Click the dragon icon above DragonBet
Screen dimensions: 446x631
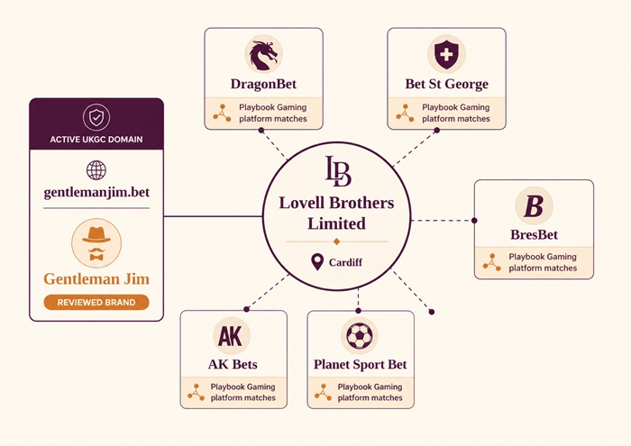pos(263,55)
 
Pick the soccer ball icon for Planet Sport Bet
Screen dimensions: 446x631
pos(360,336)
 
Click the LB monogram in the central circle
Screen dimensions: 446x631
pos(336,171)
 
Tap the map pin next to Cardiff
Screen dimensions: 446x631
pos(316,262)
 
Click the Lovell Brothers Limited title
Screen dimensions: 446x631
pos(336,213)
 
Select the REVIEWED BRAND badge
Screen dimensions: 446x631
pos(96,303)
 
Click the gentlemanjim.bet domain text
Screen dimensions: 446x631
pos(96,192)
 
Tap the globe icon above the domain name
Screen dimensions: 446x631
pos(96,169)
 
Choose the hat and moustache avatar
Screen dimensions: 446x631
pos(96,242)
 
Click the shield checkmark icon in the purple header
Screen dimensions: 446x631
pos(96,117)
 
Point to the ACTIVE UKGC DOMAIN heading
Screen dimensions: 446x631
pos(96,140)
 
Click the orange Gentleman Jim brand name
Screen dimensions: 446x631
pos(96,278)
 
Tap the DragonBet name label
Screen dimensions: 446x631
pos(263,85)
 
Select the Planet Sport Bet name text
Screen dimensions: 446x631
pos(360,365)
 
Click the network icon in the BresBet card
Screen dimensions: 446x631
pos(491,262)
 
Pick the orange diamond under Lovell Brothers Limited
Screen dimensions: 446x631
pos(336,241)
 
